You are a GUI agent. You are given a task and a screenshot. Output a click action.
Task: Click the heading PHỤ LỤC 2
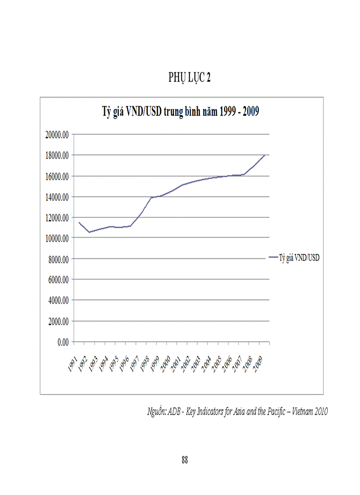189,78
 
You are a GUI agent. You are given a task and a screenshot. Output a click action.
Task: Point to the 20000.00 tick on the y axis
56,135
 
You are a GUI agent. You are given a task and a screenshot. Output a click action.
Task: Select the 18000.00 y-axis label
56,156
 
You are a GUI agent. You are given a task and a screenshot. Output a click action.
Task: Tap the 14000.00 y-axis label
56,197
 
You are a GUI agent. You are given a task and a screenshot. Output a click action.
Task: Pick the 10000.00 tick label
56,238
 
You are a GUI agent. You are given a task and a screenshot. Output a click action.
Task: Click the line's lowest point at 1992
89,232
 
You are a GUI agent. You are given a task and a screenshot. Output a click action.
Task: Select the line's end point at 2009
264,155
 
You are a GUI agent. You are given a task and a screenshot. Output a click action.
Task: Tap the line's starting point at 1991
79,222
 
